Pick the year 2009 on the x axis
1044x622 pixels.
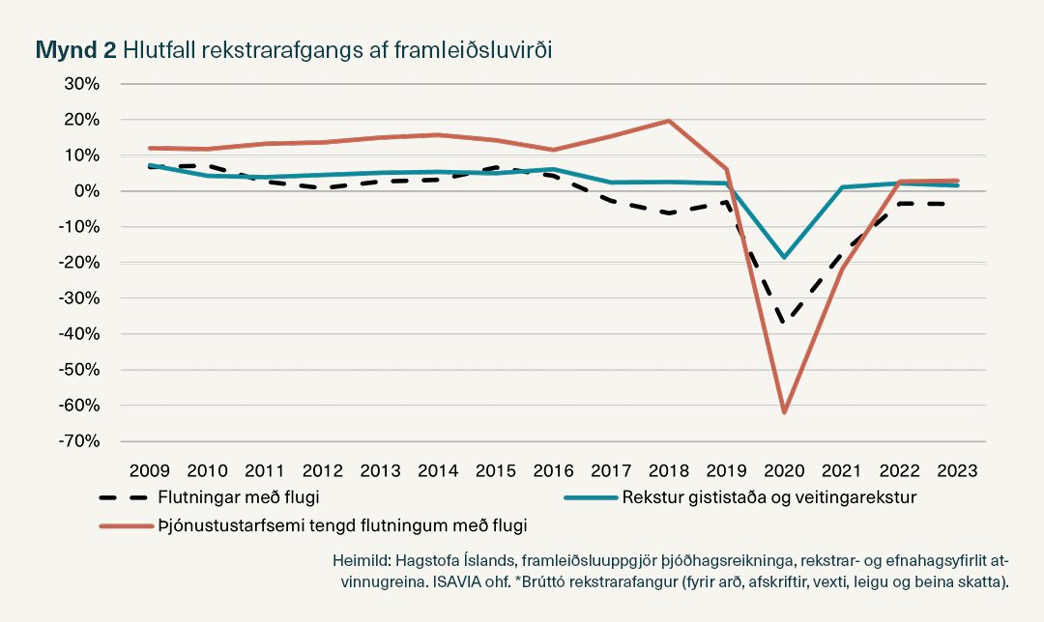(150, 470)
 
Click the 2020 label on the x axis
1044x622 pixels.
(784, 470)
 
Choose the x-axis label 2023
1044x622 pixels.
(957, 470)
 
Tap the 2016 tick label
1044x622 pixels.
(553, 470)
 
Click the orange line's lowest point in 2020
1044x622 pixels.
(784, 412)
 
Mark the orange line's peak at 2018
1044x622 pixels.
(669, 121)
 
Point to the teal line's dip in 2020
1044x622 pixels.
(784, 257)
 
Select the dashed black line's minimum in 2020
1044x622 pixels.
(784, 322)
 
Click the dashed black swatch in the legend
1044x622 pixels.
(124, 497)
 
